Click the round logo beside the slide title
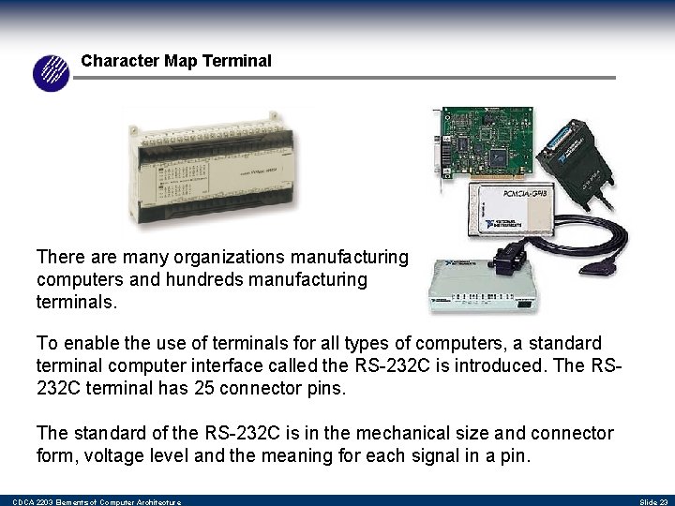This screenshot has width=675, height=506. pyautogui.click(x=52, y=72)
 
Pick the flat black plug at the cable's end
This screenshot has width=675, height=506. pyautogui.click(x=601, y=267)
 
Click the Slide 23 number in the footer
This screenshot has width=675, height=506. pyautogui.click(x=653, y=502)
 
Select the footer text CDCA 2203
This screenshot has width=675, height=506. pyautogui.click(x=28, y=502)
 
